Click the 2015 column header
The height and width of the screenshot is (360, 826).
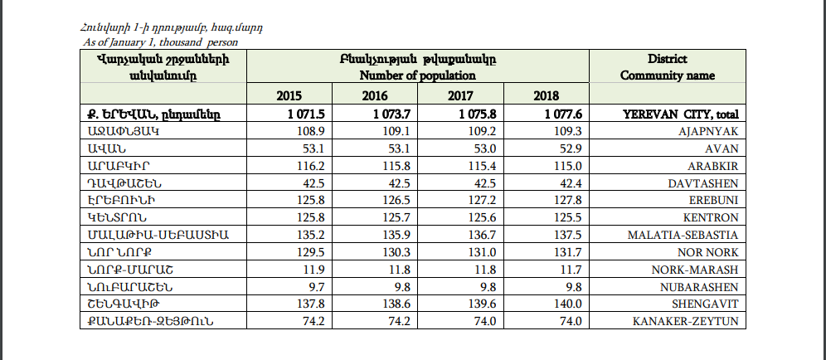pyautogui.click(x=289, y=96)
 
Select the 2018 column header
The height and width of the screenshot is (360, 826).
pyautogui.click(x=547, y=96)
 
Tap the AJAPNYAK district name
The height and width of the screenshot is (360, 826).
pyautogui.click(x=708, y=131)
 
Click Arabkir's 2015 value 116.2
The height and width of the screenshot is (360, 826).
pyautogui.click(x=311, y=166)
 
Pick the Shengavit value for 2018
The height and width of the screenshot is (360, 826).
pyautogui.click(x=568, y=304)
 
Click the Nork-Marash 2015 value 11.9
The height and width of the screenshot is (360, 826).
pyautogui.click(x=314, y=270)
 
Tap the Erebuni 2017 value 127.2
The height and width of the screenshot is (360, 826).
pyautogui.click(x=482, y=200)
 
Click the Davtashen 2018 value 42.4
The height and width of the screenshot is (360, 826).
pyautogui.click(x=571, y=183)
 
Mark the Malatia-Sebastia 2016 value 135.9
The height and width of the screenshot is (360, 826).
pyautogui.click(x=396, y=235)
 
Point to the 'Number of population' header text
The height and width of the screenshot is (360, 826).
pyautogui.click(x=418, y=75)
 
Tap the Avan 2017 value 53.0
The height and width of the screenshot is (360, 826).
pyautogui.click(x=485, y=148)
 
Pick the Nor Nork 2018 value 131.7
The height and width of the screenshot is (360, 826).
pyautogui.click(x=568, y=252)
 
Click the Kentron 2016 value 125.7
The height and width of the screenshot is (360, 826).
pyautogui.click(x=396, y=217)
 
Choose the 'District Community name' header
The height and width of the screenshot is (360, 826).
pyautogui.click(x=668, y=67)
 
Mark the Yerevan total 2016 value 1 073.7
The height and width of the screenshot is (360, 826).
pyautogui.click(x=391, y=114)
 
